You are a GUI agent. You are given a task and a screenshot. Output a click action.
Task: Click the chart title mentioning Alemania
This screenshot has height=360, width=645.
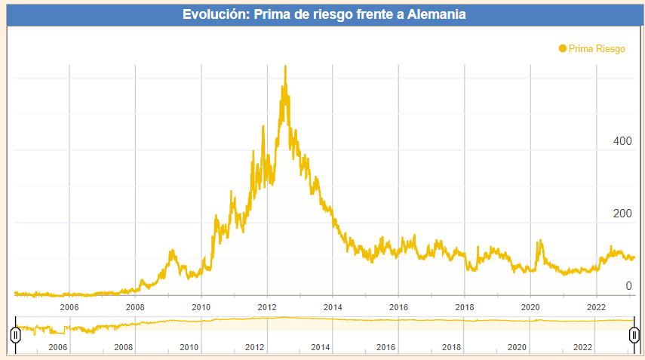pos(324,14)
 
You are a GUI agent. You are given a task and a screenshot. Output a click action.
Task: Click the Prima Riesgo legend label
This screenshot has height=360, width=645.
pos(597,48)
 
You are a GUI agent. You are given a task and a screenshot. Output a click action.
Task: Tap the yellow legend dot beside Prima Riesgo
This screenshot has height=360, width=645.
pos(562,48)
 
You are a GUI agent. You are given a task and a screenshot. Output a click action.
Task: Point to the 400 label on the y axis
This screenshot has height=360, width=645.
pos(622,141)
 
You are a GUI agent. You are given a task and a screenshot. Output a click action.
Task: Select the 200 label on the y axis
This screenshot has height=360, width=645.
pos(622,214)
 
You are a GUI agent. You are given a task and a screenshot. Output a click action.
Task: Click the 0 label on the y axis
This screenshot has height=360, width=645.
pos(628,286)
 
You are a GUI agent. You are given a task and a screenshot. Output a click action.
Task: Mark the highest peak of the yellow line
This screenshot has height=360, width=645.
pos(285,66)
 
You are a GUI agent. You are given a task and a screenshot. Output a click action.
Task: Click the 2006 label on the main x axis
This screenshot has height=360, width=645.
pos(69,307)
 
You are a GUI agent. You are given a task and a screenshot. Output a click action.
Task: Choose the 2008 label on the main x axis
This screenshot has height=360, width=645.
pos(135,307)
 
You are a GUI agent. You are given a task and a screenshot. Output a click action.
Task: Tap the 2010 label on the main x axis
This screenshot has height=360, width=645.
pos(201,307)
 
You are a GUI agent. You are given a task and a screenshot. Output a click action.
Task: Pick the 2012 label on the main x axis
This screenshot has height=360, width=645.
pos(267,307)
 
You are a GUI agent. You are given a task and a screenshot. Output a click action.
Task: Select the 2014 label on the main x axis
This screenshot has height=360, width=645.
pos(333,307)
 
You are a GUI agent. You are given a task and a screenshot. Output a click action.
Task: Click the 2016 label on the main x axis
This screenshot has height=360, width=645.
pos(398,307)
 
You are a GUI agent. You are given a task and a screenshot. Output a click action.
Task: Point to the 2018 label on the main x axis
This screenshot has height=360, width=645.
pos(465,307)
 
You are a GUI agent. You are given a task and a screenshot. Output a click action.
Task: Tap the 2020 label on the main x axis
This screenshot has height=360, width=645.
pos(530,307)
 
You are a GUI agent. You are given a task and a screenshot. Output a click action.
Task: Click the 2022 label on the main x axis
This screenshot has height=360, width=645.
pos(596,307)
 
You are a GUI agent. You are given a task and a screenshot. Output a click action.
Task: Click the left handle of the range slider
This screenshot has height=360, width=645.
pos(15,334)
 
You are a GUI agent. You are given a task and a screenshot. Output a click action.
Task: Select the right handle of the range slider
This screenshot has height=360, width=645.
pos(634,334)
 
